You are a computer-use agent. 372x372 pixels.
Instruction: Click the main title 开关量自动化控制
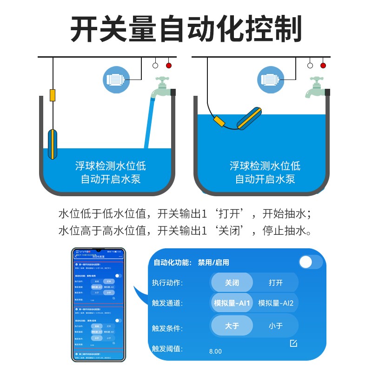point(186,29)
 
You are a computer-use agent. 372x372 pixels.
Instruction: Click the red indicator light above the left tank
point(168,66)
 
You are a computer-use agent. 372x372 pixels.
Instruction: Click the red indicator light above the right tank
point(323,66)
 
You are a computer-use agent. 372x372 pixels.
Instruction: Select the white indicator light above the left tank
point(155,66)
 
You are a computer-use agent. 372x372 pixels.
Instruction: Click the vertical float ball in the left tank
point(53,144)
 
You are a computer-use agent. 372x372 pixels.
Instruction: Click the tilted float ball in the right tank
point(250,118)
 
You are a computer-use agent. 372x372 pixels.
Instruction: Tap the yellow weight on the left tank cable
point(53,95)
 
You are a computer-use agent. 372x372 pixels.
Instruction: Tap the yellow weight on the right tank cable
point(219,122)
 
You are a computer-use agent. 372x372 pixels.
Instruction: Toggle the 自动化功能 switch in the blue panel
point(310,262)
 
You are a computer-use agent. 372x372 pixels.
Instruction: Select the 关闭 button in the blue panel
point(232,282)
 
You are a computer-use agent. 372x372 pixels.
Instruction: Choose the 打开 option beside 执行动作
point(276,282)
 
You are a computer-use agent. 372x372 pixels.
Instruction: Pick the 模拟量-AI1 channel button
point(232,303)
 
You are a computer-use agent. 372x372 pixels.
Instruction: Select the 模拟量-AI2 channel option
point(276,303)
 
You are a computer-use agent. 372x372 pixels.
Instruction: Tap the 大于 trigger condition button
point(232,325)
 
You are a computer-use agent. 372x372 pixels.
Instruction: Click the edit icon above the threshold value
point(293,343)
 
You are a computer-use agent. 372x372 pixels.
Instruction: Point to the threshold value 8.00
point(216,351)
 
